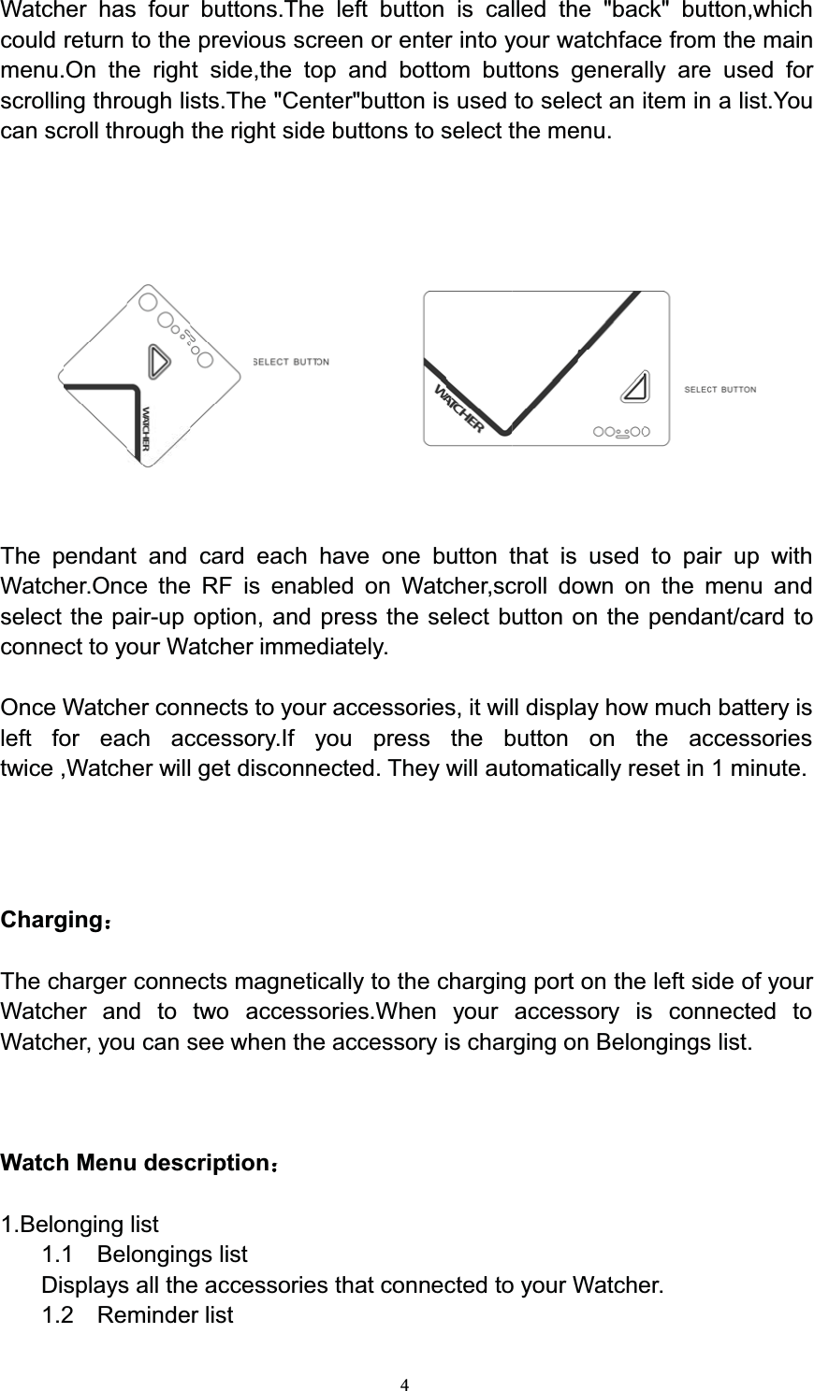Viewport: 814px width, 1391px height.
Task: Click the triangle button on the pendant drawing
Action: click(x=158, y=360)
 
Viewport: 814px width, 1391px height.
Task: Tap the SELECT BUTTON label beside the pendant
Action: click(x=291, y=361)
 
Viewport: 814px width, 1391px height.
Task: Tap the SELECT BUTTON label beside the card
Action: click(x=720, y=389)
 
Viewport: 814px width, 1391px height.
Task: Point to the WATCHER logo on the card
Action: click(x=458, y=409)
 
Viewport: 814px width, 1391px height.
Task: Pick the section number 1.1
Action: click(x=58, y=1255)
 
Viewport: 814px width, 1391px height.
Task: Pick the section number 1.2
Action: click(x=58, y=1315)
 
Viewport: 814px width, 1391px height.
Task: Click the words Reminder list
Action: click(x=166, y=1315)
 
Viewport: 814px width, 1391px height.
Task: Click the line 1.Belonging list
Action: click(x=80, y=1224)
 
